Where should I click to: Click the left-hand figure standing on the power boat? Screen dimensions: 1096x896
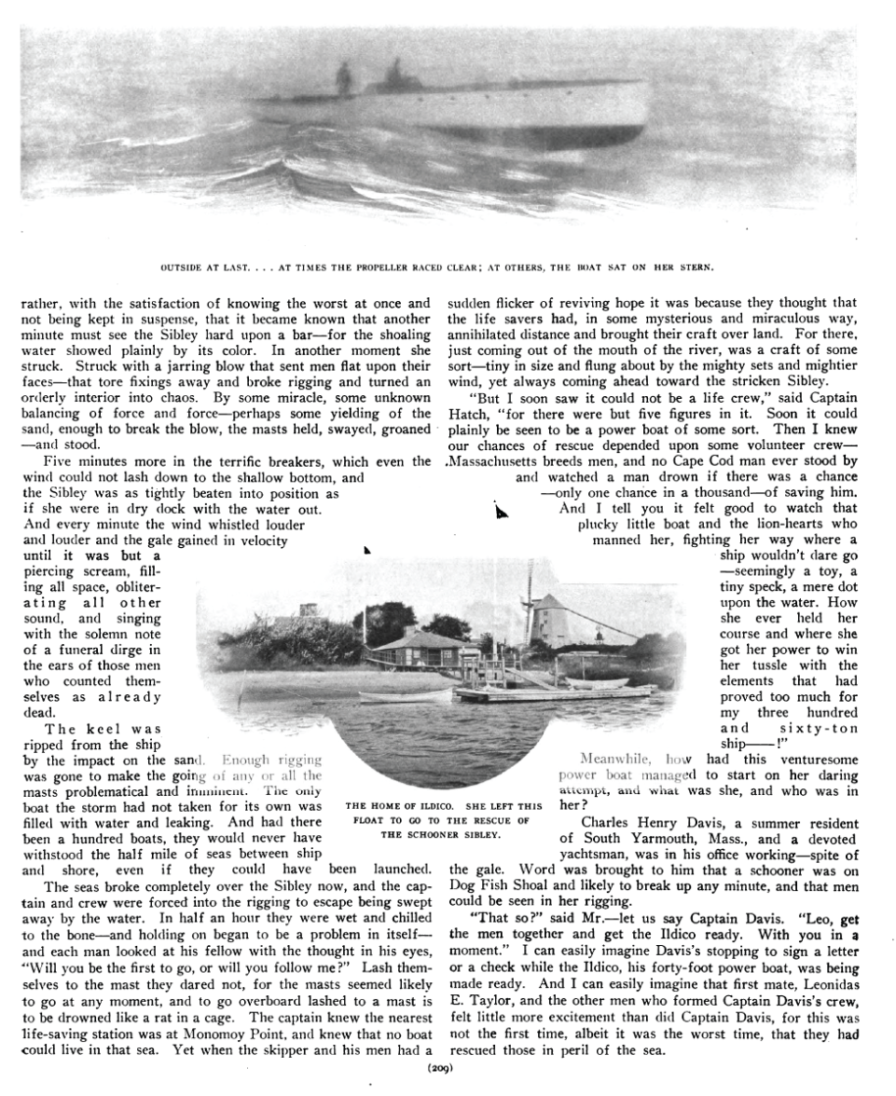click(344, 77)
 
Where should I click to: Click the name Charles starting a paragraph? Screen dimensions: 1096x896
click(608, 822)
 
